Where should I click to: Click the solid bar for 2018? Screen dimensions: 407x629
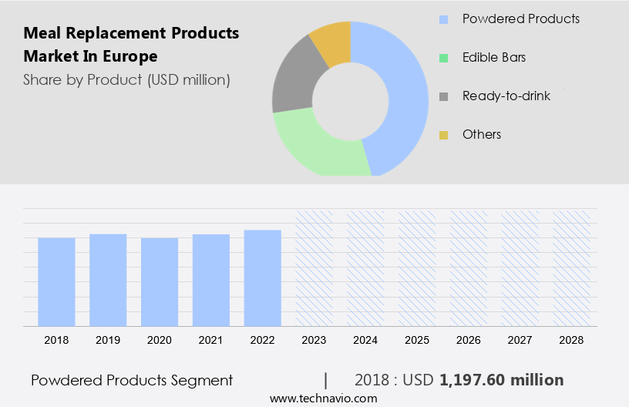(x=56, y=281)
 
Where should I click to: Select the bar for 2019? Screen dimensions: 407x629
(x=108, y=280)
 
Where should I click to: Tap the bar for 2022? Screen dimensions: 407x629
(x=263, y=277)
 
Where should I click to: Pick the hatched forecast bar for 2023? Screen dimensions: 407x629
(x=314, y=267)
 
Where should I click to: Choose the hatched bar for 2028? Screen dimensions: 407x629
(x=572, y=267)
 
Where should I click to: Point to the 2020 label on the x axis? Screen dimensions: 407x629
(x=160, y=339)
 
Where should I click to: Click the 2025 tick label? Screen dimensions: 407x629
(x=417, y=339)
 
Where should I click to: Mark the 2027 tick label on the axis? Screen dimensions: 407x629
(x=520, y=339)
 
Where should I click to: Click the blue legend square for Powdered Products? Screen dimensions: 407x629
(x=443, y=19)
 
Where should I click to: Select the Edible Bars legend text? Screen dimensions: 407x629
(x=494, y=58)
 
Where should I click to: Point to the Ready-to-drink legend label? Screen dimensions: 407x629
(x=506, y=96)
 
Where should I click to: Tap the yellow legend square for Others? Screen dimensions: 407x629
(x=443, y=135)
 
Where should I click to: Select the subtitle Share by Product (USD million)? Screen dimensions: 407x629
(x=126, y=79)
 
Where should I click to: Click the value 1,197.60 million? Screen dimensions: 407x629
(x=502, y=380)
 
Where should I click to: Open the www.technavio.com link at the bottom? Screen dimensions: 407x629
(x=323, y=399)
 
